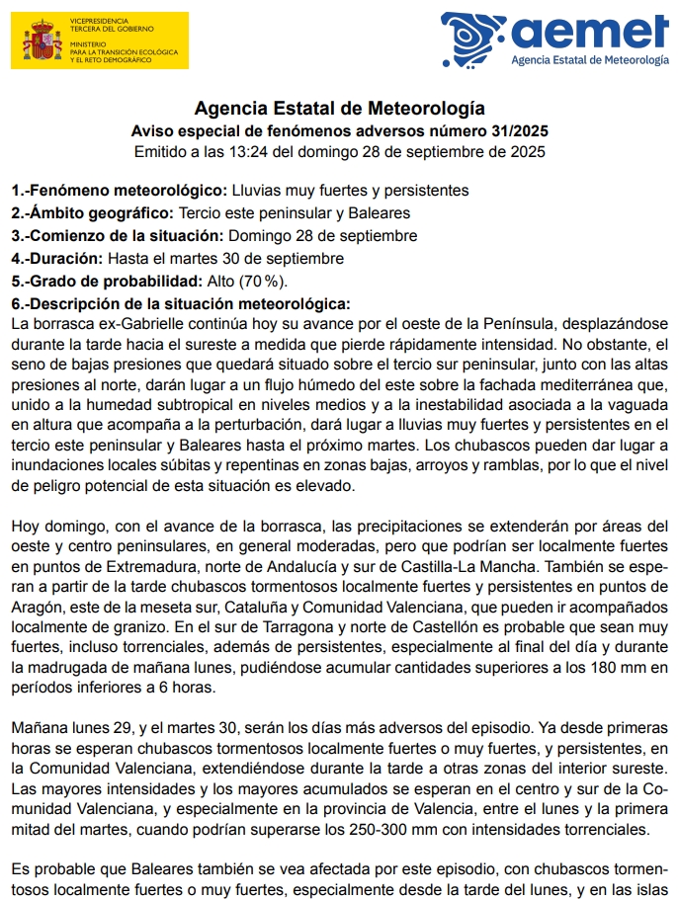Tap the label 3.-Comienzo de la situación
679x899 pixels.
coord(118,235)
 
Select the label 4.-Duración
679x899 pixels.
coord(56,258)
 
